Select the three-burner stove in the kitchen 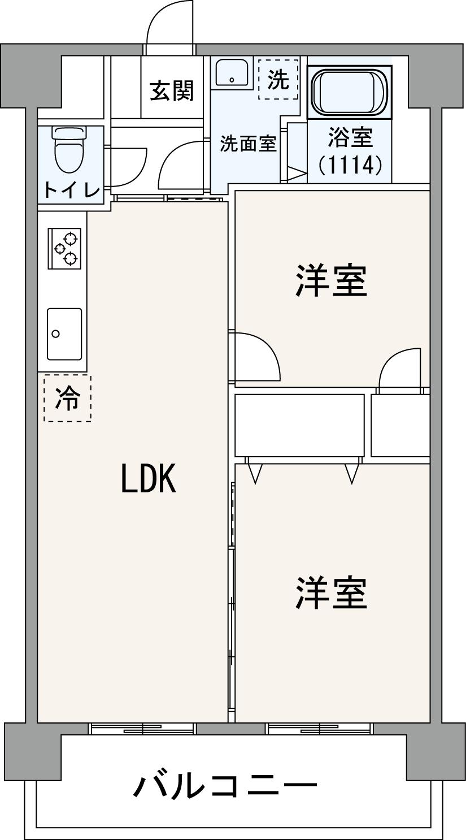tap(64, 249)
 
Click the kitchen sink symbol tap(64, 334)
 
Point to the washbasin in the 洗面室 tap(232, 73)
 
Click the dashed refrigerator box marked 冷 tap(67, 398)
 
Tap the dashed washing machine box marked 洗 tap(278, 80)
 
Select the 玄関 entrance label tap(171, 90)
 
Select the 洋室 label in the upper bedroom tap(331, 280)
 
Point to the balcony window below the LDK tap(142, 728)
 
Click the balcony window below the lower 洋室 tap(320, 728)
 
